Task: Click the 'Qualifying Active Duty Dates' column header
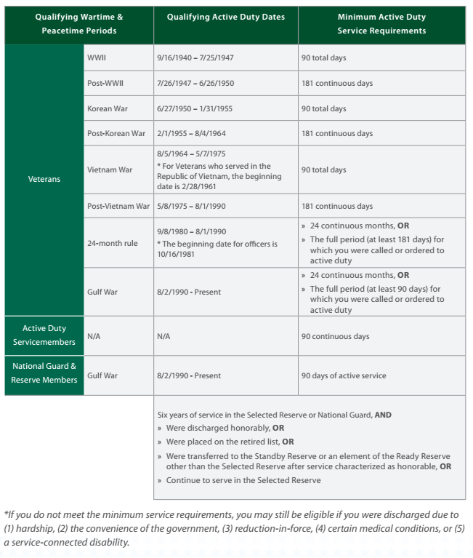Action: [225, 16]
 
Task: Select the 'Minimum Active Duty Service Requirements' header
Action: [381, 23]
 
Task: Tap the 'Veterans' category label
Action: [44, 179]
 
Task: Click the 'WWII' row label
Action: [97, 57]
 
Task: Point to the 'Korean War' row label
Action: [108, 108]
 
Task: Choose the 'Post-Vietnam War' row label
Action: [118, 206]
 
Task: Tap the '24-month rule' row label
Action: [112, 243]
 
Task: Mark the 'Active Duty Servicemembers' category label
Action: [44, 335]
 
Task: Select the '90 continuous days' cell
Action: [335, 336]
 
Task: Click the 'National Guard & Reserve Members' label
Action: [44, 373]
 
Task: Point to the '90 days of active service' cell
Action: [344, 375]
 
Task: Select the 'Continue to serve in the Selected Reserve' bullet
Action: [243, 480]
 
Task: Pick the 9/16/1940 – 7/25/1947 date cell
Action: [194, 57]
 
